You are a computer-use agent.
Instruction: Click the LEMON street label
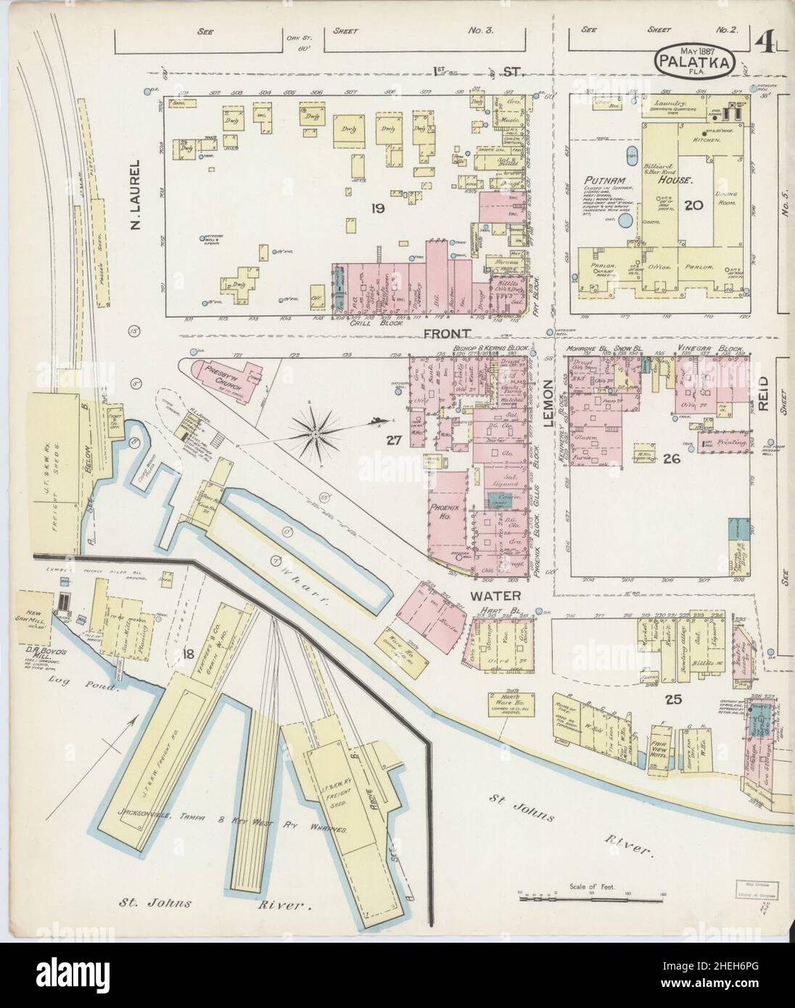click(548, 403)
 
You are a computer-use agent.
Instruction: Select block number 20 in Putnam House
click(693, 205)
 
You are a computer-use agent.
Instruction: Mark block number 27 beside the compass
click(393, 438)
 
